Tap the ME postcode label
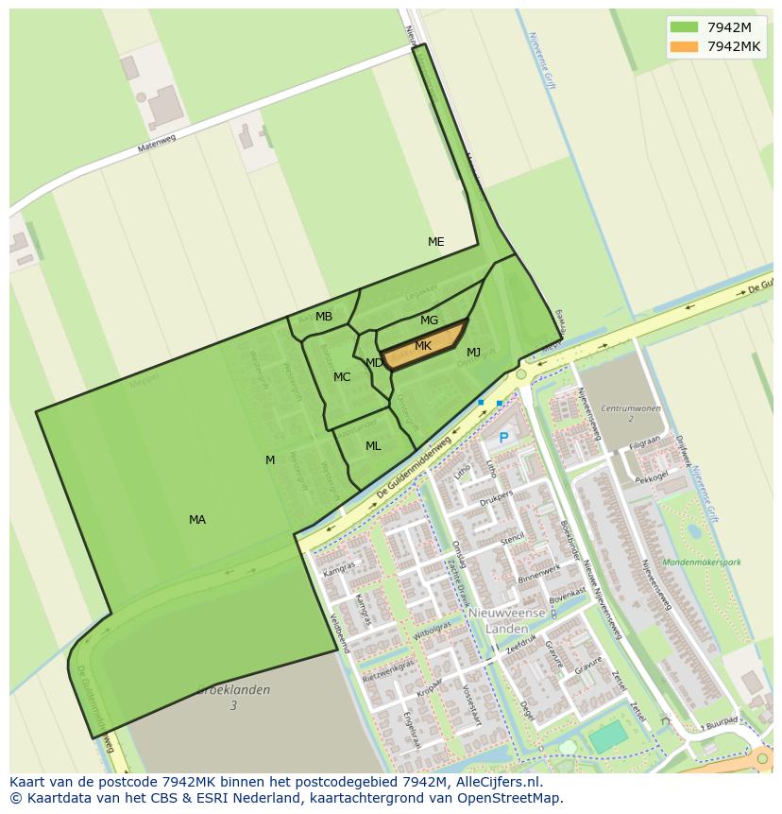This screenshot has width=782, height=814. pyautogui.click(x=435, y=242)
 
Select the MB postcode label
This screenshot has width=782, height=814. pyautogui.click(x=324, y=317)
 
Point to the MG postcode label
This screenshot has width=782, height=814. pyautogui.click(x=429, y=320)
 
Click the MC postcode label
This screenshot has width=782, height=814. pyautogui.click(x=342, y=377)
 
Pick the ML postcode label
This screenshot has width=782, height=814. pyautogui.click(x=373, y=446)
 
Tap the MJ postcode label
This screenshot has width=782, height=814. pyautogui.click(x=473, y=353)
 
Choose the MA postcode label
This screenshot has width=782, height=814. pyautogui.click(x=197, y=520)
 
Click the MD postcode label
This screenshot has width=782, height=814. pyautogui.click(x=374, y=363)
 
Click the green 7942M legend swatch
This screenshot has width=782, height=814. pyautogui.click(x=684, y=27)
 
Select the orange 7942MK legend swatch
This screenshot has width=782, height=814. pyautogui.click(x=684, y=46)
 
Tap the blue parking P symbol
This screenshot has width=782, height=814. pyautogui.click(x=503, y=439)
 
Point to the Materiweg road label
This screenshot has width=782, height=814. pyautogui.click(x=157, y=141)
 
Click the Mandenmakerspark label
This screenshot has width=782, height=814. pyautogui.click(x=702, y=563)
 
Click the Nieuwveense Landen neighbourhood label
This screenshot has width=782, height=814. pyautogui.click(x=507, y=620)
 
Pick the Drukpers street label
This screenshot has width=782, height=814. pyautogui.click(x=495, y=494)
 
